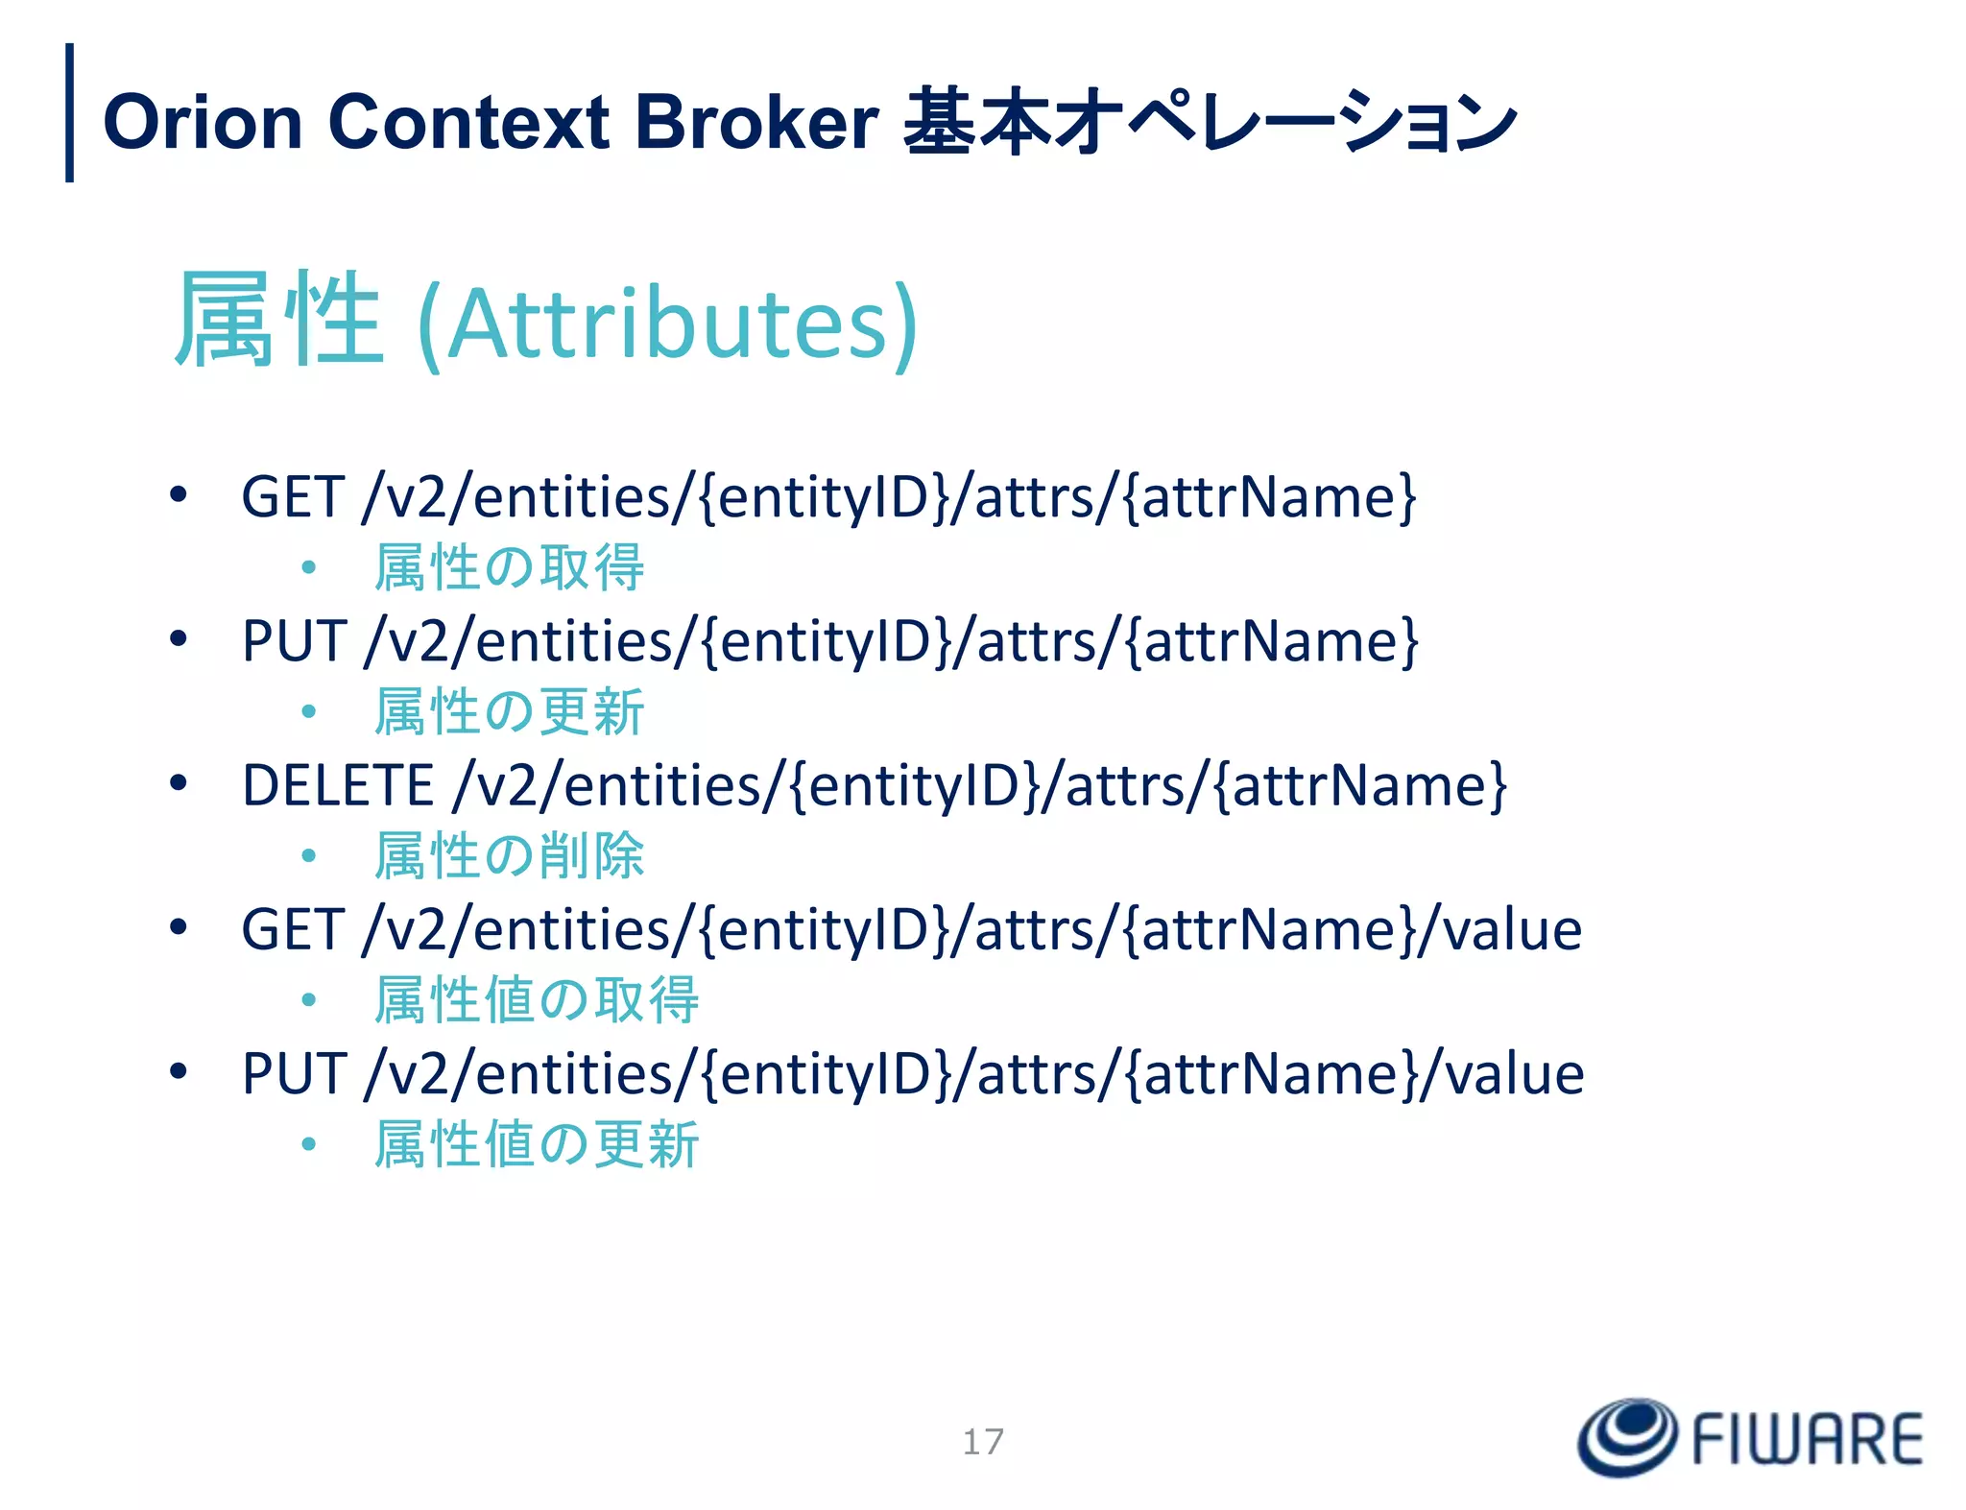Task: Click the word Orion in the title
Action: pos(203,123)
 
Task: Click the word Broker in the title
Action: pos(755,123)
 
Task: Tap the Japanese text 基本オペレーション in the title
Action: pos(1209,123)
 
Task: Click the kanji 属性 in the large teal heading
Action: pos(278,320)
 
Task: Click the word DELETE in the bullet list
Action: pos(338,785)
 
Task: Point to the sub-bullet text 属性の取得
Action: pos(509,567)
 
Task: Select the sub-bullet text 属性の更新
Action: pos(509,711)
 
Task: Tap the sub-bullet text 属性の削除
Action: pos(509,855)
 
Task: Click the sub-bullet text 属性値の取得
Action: pos(536,999)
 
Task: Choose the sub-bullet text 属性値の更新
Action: pos(536,1143)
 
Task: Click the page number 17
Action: pos(983,1441)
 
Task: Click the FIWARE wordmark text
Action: pos(1807,1440)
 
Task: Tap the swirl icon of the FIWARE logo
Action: pos(1627,1437)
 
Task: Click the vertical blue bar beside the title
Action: pos(69,112)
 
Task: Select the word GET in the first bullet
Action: pos(292,497)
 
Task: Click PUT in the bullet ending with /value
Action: pos(293,1073)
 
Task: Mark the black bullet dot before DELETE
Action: pos(178,783)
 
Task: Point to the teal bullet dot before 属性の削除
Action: pos(308,855)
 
